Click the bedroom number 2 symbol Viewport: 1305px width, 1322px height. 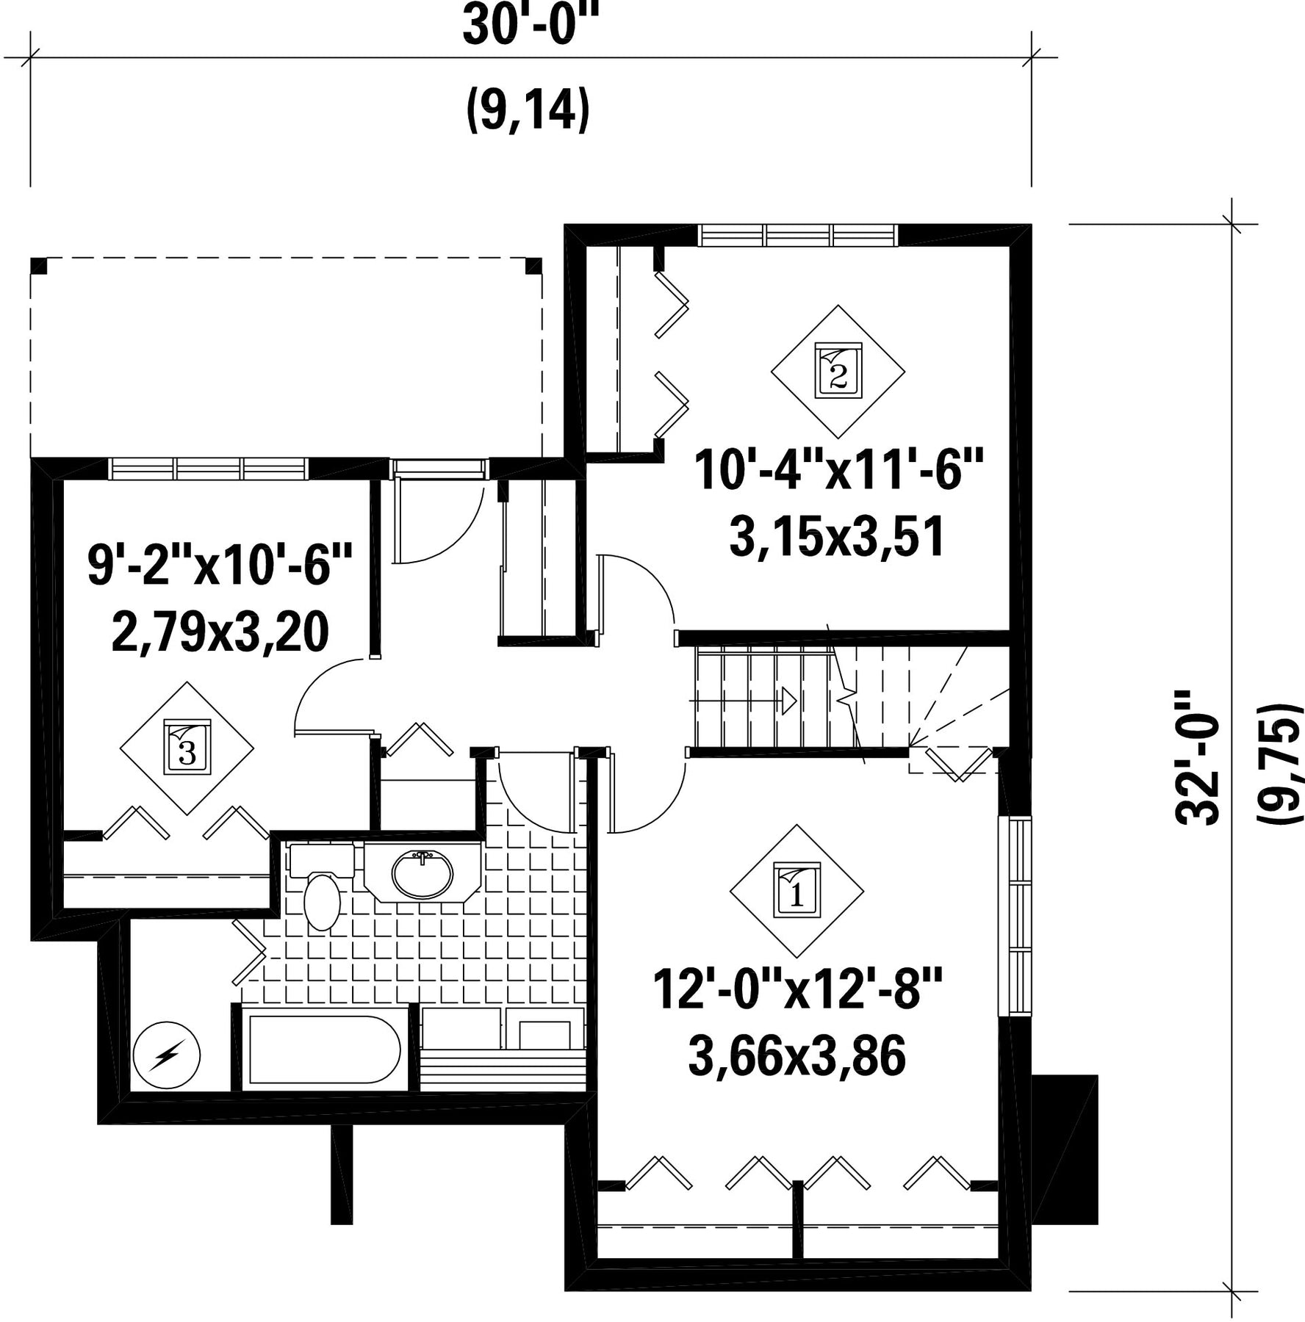838,371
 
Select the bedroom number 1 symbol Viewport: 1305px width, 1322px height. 797,891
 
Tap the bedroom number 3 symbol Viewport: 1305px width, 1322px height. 187,748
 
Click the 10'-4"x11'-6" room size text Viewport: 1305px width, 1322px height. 838,471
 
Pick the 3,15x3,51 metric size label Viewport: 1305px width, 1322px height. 837,537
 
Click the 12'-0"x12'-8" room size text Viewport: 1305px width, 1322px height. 797,989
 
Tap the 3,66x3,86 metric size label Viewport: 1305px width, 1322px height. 797,1056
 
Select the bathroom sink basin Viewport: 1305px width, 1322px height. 422,875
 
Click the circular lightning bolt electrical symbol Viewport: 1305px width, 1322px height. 167,1055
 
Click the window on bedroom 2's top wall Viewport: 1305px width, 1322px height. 799,235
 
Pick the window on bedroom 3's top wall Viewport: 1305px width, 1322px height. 207,469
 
